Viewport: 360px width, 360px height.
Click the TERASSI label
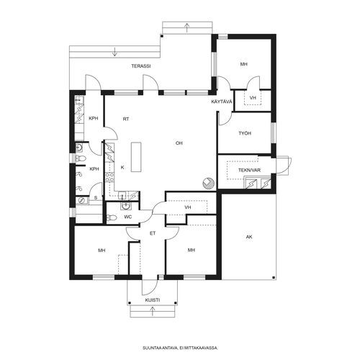(x=141, y=66)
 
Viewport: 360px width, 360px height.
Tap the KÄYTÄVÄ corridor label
(x=222, y=102)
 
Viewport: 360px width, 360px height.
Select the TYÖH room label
(x=245, y=133)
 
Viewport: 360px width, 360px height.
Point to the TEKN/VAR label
(x=249, y=170)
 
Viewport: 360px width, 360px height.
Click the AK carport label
(x=249, y=237)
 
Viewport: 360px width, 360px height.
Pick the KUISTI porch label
(x=153, y=300)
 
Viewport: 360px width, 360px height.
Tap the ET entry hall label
(x=153, y=233)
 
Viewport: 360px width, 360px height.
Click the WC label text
(x=128, y=217)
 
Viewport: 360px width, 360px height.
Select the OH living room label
(x=179, y=143)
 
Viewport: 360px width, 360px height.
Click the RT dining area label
(x=126, y=119)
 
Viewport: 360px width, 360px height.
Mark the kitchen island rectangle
(x=136, y=157)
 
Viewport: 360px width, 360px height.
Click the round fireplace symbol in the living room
(x=208, y=183)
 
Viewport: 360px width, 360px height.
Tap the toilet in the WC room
(x=112, y=217)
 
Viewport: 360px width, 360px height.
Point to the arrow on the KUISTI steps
(x=152, y=311)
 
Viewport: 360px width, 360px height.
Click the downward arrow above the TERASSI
(x=114, y=52)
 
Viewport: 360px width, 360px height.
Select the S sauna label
(x=96, y=198)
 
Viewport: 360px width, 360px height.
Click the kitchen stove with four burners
(x=110, y=176)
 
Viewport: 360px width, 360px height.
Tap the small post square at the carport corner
(x=274, y=277)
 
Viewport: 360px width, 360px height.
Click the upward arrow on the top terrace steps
(x=186, y=27)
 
